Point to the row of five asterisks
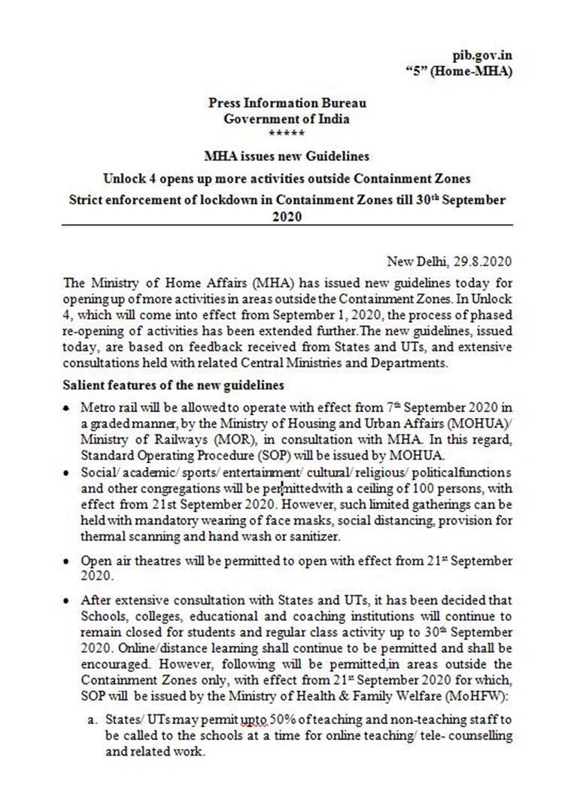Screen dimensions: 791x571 pyautogui.click(x=287, y=133)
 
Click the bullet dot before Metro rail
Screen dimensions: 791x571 pyautogui.click(x=69, y=407)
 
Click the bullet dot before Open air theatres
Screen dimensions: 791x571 pyautogui.click(x=69, y=562)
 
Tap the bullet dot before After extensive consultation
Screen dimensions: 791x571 pyautogui.click(x=69, y=601)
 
